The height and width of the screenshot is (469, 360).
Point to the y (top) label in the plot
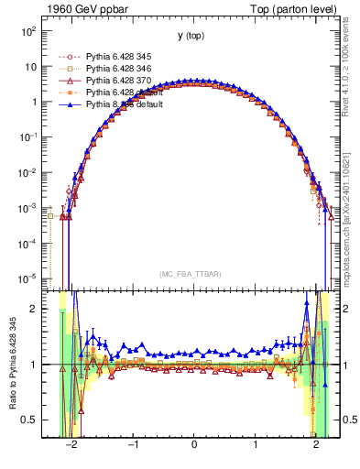tap(191, 36)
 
